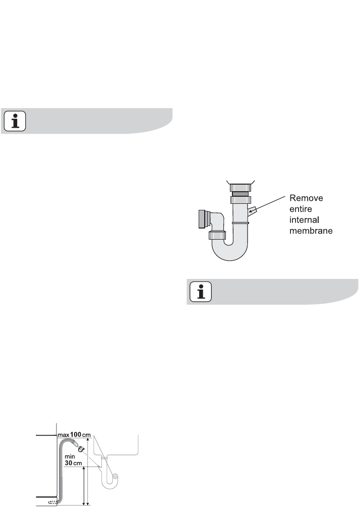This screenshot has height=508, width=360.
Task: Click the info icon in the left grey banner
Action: tap(15, 122)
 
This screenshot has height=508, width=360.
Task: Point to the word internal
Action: tap(304, 220)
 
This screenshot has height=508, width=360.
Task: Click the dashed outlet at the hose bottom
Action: tap(53, 502)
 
